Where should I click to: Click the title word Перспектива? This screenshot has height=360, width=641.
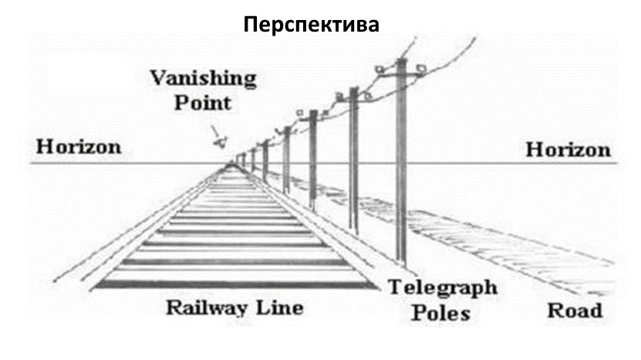point(312,25)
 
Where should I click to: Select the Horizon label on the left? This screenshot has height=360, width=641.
point(77,146)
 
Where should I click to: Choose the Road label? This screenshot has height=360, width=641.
point(575,311)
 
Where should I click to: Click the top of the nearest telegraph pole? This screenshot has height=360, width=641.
point(401,62)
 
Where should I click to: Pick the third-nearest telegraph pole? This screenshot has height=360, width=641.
point(313,158)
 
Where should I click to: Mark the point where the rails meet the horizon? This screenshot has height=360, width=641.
point(232,163)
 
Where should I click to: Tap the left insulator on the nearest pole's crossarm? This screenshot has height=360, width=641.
point(380,69)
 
